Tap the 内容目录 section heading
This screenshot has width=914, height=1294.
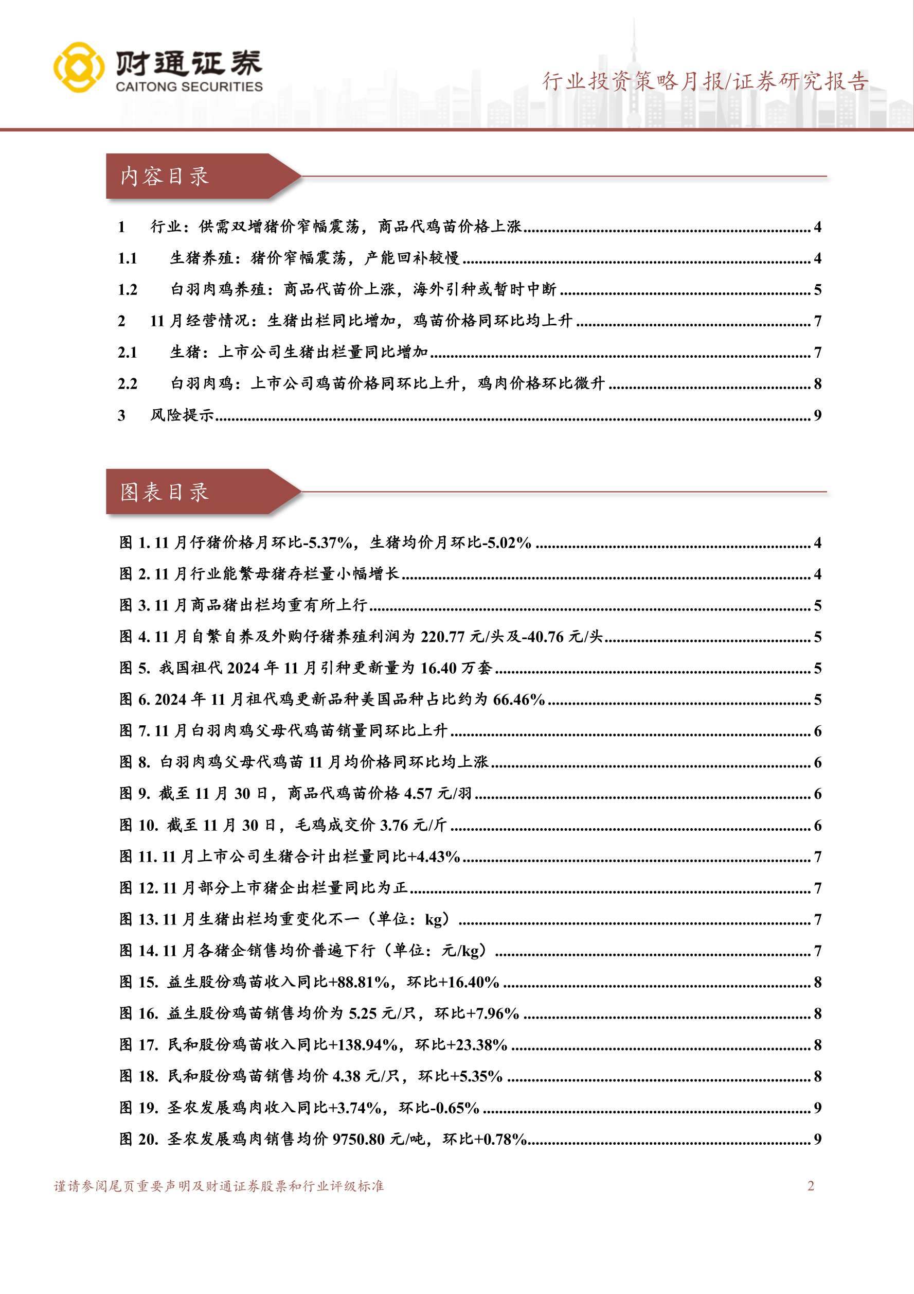click(x=165, y=177)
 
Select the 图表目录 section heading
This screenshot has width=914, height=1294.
click(x=165, y=492)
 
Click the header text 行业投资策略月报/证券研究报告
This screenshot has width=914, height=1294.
click(x=705, y=82)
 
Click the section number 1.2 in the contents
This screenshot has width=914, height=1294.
click(x=128, y=290)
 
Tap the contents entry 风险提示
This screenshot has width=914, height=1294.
click(x=182, y=415)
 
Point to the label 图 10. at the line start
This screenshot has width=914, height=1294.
click(x=139, y=825)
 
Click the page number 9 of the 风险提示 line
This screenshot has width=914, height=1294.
click(x=817, y=415)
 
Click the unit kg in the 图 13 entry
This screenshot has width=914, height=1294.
click(x=434, y=919)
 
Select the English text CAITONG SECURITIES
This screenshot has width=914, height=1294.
click(x=189, y=87)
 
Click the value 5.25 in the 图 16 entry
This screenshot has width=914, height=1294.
click(x=363, y=1013)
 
